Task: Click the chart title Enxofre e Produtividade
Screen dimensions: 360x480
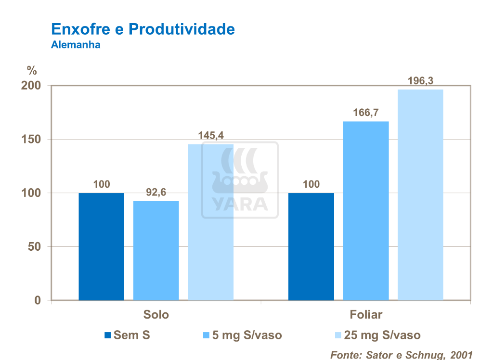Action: (x=143, y=29)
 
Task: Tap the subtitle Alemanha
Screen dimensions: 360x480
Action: (x=76, y=46)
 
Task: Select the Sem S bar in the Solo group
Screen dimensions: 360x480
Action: (x=101, y=246)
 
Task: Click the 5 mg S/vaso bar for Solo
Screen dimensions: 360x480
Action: (x=156, y=250)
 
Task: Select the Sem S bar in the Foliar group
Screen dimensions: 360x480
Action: (x=311, y=246)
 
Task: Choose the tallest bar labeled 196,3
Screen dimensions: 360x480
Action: (x=420, y=195)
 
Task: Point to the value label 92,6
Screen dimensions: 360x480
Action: (x=156, y=193)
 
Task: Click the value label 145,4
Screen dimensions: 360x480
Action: (x=210, y=136)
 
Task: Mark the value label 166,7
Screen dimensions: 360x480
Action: (x=365, y=113)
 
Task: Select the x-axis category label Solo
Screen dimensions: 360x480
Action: (x=156, y=315)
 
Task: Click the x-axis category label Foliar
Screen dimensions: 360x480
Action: (x=365, y=315)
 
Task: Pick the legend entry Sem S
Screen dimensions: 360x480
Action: (x=127, y=335)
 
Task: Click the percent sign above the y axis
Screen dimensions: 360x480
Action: (x=32, y=71)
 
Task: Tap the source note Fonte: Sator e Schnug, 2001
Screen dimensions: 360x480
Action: (x=401, y=355)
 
